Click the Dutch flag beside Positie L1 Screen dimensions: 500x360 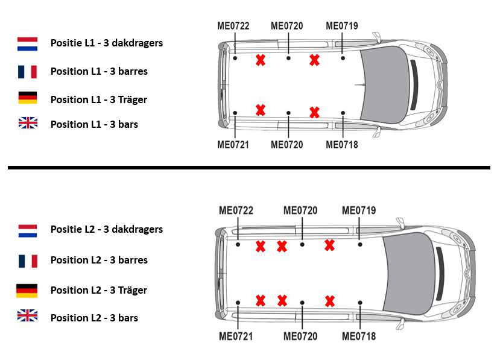pos(27,44)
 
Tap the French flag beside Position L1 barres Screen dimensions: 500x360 pos(27,72)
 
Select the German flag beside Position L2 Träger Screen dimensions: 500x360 pos(27,291)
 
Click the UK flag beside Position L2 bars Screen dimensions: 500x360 pos(27,315)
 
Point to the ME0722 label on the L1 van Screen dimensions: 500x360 pos(233,26)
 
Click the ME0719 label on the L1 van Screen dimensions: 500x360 pos(342,26)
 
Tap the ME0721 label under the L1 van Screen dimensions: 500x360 pos(233,145)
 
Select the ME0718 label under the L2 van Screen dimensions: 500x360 pos(359,336)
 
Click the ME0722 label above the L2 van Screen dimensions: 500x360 pos(236,210)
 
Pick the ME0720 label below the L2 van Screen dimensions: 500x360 pos(300,336)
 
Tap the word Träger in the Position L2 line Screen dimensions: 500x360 pos(133,290)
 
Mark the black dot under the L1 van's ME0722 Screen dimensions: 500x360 pos(235,58)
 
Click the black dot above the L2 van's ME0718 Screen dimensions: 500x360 pos(359,303)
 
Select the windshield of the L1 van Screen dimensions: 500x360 pos(385,84)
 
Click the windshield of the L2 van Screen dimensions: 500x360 pos(409,273)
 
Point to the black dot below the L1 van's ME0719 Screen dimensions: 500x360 pos(343,58)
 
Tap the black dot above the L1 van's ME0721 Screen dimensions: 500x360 pos(235,113)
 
